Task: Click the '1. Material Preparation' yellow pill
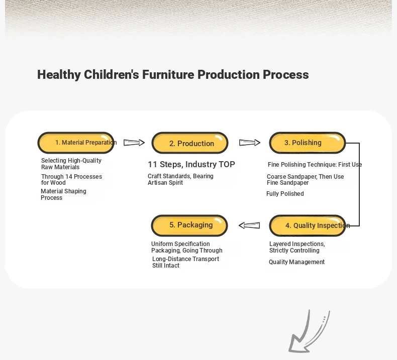76,143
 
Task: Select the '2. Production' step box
190,143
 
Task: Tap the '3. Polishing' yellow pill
308,143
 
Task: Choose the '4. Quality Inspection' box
308,225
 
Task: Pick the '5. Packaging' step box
189,225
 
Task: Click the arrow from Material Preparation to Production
134,143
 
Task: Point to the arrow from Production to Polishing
250,143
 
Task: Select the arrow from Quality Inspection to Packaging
249,225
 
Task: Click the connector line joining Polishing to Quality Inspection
359,184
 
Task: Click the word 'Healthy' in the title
59,75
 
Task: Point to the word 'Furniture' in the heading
168,75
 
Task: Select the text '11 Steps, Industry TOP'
191,164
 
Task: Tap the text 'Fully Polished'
285,194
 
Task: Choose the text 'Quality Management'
296,262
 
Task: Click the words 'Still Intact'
166,266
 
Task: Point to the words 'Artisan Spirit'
165,183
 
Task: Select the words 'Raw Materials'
60,167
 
